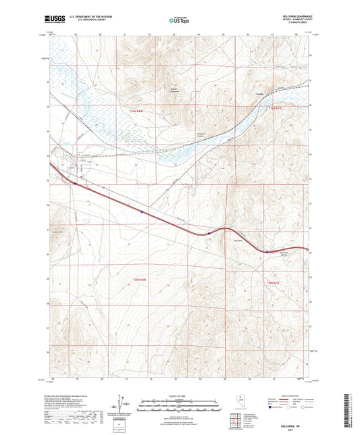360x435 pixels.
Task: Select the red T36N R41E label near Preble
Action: (272, 109)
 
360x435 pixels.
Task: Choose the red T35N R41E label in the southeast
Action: (272, 282)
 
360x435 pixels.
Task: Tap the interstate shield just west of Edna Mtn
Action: (210, 234)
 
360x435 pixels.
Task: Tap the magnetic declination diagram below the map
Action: (124, 409)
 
